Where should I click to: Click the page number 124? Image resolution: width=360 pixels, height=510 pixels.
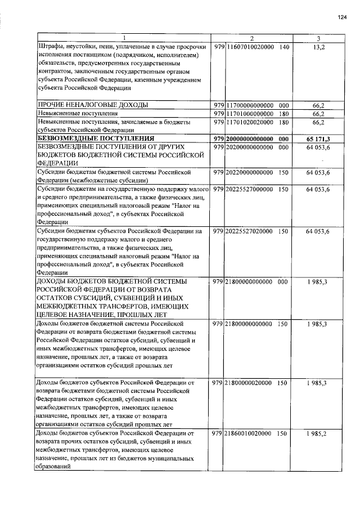point(341,18)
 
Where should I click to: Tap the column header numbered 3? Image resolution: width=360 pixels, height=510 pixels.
point(318,38)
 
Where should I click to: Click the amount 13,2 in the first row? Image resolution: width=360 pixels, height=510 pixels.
point(318,47)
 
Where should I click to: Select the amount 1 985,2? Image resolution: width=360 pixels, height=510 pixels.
point(318,433)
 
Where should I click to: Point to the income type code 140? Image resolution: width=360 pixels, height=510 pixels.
point(283,47)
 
